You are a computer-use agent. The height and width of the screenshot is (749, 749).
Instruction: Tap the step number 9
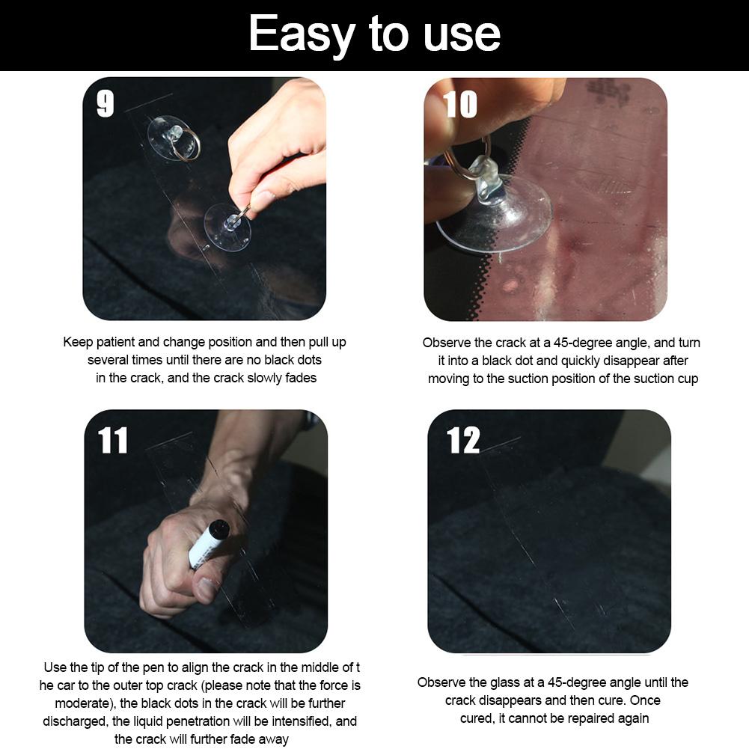click(106, 104)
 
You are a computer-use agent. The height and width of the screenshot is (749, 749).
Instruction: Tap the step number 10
click(459, 104)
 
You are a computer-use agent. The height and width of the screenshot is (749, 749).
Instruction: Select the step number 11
click(113, 441)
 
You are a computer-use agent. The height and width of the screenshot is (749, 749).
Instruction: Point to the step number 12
click(463, 441)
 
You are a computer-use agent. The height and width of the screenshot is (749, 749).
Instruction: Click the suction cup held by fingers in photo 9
click(227, 227)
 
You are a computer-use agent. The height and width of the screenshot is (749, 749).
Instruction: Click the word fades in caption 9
click(299, 378)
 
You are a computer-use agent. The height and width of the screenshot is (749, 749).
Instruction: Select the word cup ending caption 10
click(686, 379)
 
